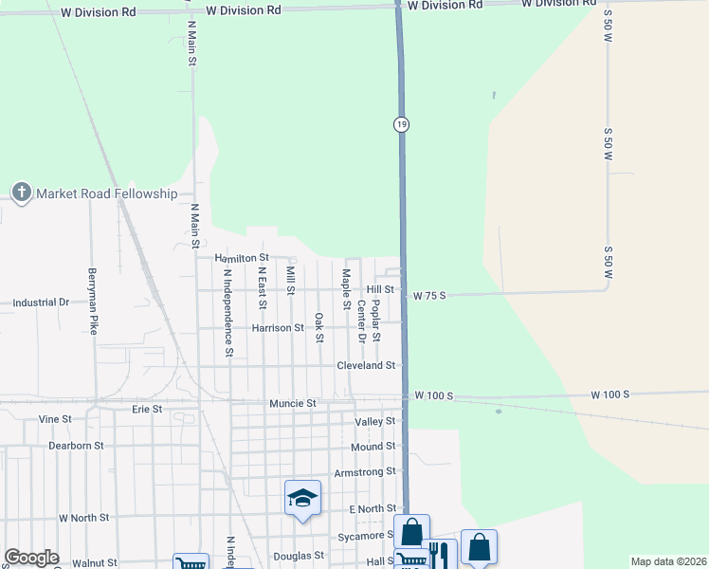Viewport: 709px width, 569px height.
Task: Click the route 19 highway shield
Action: point(402,125)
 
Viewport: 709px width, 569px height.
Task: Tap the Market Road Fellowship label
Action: point(106,193)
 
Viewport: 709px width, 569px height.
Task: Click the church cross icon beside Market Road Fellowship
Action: point(22,193)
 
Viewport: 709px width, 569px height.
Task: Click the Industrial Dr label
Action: point(41,303)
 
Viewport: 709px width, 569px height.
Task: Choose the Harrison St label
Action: point(277,328)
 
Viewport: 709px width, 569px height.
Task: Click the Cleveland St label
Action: point(366,365)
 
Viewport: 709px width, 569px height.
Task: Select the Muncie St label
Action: point(292,403)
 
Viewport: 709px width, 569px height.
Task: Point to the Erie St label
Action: point(147,410)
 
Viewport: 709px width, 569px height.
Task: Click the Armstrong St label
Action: point(365,472)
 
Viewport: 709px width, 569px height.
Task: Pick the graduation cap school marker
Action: point(302,498)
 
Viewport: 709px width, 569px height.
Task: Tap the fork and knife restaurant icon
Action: point(439,553)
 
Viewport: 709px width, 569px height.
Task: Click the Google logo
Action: point(31,558)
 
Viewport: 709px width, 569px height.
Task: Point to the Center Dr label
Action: point(361,321)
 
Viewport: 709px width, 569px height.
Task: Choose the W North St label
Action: point(83,518)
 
